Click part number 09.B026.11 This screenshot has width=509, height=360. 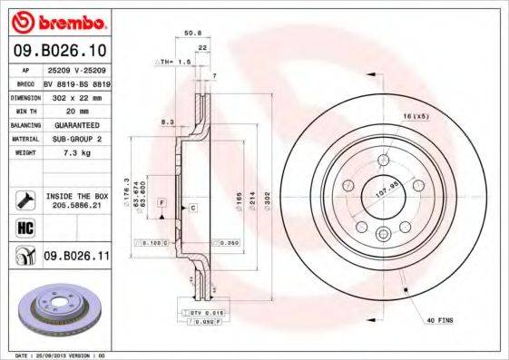(76, 258)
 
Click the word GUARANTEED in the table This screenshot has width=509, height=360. (72, 124)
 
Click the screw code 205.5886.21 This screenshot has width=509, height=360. (75, 205)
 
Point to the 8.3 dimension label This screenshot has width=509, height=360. (166, 121)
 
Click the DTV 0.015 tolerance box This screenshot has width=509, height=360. (206, 311)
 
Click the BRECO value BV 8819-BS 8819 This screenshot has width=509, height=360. (77, 82)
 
